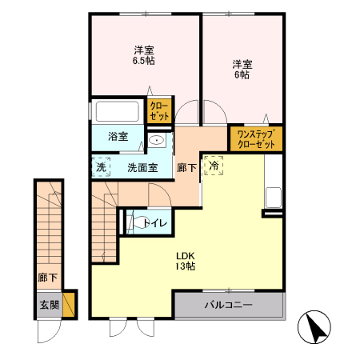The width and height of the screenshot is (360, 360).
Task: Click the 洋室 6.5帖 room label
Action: pyautogui.click(x=144, y=54)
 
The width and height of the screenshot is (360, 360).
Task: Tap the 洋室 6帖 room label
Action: pyautogui.click(x=242, y=69)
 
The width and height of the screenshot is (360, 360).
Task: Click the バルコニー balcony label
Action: pyautogui.click(x=228, y=306)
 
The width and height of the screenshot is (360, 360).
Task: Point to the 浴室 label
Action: pyautogui.click(x=118, y=136)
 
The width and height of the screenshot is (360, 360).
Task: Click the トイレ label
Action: pyautogui.click(x=155, y=223)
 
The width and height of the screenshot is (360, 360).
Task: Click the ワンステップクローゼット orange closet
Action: pyautogui.click(x=256, y=139)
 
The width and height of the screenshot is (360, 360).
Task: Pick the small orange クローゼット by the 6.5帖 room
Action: pyautogui.click(x=158, y=110)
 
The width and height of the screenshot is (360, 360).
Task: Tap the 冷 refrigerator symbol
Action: pyautogui.click(x=214, y=164)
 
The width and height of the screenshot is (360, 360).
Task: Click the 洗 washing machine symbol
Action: pyautogui.click(x=101, y=168)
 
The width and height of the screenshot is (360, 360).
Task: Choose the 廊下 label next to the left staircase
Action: pyautogui.click(x=47, y=278)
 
